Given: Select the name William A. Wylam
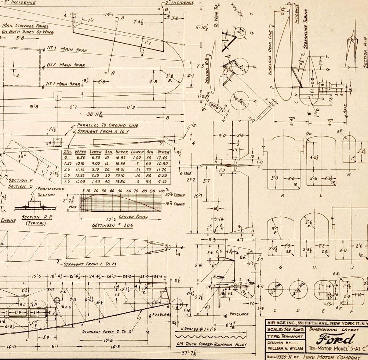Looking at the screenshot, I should click(284, 348).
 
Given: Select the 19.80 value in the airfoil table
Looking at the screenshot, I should click(121, 181).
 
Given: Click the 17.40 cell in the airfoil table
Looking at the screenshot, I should click(163, 157).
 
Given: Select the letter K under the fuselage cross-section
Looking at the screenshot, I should click(283, 195).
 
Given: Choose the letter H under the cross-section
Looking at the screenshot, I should click(314, 267).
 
